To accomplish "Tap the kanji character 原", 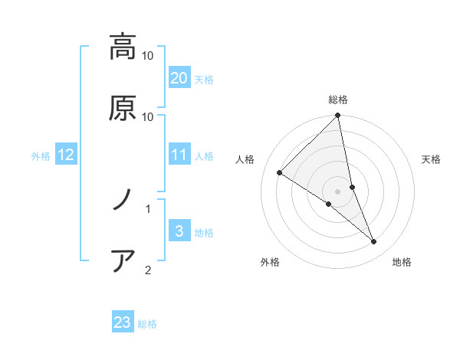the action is pyautogui.click(x=123, y=107).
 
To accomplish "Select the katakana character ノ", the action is pyautogui.click(x=123, y=200).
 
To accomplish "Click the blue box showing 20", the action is pyautogui.click(x=179, y=78).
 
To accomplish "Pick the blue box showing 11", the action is pyautogui.click(x=179, y=155).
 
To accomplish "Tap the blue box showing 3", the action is pyautogui.click(x=179, y=231).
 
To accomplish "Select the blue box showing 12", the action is pyautogui.click(x=66, y=155).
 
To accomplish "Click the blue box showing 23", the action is pyautogui.click(x=123, y=322).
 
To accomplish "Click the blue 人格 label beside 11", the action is pyautogui.click(x=204, y=156).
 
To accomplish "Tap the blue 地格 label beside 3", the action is pyautogui.click(x=204, y=233).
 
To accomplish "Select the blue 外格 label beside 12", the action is pyautogui.click(x=41, y=156).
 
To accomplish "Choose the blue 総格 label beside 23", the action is pyautogui.click(x=147, y=324).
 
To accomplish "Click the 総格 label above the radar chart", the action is pyautogui.click(x=338, y=100).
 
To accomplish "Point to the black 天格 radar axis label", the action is pyautogui.click(x=432, y=159).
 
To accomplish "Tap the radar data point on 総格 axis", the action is pyautogui.click(x=338, y=116).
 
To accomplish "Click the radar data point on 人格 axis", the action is pyautogui.click(x=280, y=172).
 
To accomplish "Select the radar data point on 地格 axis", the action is pyautogui.click(x=374, y=241).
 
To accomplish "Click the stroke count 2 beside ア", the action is pyautogui.click(x=147, y=270).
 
